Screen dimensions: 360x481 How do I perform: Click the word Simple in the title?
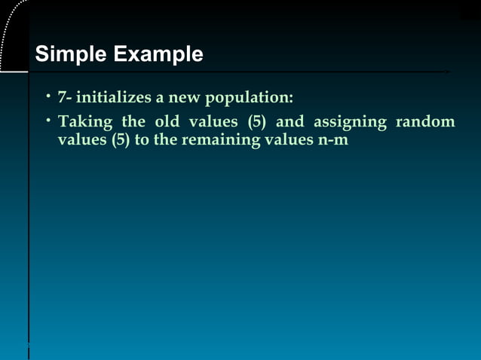(x=71, y=55)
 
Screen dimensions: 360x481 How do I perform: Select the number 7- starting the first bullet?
(x=66, y=98)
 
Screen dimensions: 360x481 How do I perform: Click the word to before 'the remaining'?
(x=142, y=141)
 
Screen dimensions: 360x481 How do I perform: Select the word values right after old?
(x=215, y=121)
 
